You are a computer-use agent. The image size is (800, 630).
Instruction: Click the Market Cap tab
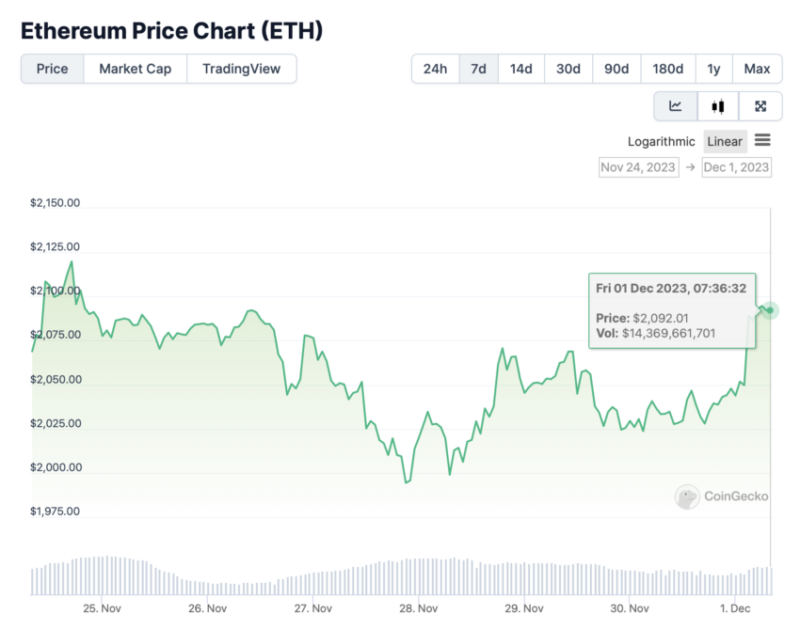click(x=135, y=69)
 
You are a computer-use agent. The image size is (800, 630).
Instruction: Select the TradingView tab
click(x=242, y=69)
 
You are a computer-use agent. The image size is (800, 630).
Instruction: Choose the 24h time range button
click(x=435, y=69)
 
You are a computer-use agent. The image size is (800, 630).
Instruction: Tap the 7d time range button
click(x=478, y=69)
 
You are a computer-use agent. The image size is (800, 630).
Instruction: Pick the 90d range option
click(x=616, y=69)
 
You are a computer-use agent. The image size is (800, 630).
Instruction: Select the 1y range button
click(x=713, y=69)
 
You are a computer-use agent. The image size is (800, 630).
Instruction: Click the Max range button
click(x=757, y=69)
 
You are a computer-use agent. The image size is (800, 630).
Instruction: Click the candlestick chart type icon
click(x=718, y=106)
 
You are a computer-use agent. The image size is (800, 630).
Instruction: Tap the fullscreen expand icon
click(x=760, y=106)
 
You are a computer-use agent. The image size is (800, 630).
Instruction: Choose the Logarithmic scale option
click(x=662, y=142)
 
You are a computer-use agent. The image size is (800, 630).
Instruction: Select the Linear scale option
click(x=725, y=142)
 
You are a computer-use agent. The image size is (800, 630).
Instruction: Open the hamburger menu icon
click(x=762, y=141)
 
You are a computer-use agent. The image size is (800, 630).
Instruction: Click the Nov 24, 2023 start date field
click(x=638, y=167)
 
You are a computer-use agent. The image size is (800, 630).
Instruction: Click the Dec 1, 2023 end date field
click(x=736, y=167)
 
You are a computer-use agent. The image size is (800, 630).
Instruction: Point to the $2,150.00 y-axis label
click(x=55, y=202)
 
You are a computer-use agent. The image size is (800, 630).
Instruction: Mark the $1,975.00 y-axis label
click(x=55, y=512)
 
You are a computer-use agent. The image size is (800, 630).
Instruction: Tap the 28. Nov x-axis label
click(x=419, y=608)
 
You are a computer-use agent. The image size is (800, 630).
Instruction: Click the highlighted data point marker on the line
click(x=770, y=310)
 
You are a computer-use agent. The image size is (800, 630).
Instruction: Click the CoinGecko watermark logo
click(x=722, y=496)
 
